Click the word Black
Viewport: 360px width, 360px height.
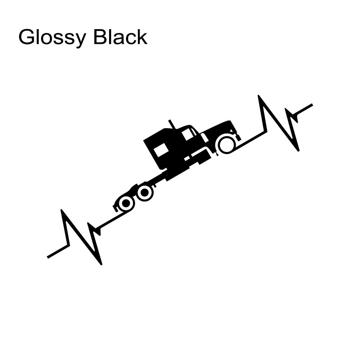point(120,36)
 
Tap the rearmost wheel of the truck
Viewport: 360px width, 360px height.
point(126,203)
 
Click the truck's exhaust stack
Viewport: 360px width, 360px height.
point(172,124)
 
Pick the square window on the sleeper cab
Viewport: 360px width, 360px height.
point(161,150)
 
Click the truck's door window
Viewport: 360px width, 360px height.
point(188,134)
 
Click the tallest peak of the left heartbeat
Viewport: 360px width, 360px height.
point(61,210)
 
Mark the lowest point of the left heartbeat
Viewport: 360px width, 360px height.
point(101,264)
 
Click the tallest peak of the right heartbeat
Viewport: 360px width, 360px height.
point(258,95)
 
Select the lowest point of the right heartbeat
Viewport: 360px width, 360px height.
point(298,150)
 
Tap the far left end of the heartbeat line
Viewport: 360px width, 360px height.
point(48,257)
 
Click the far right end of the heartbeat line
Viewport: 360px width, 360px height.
point(312,104)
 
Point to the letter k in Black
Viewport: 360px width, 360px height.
point(142,37)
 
